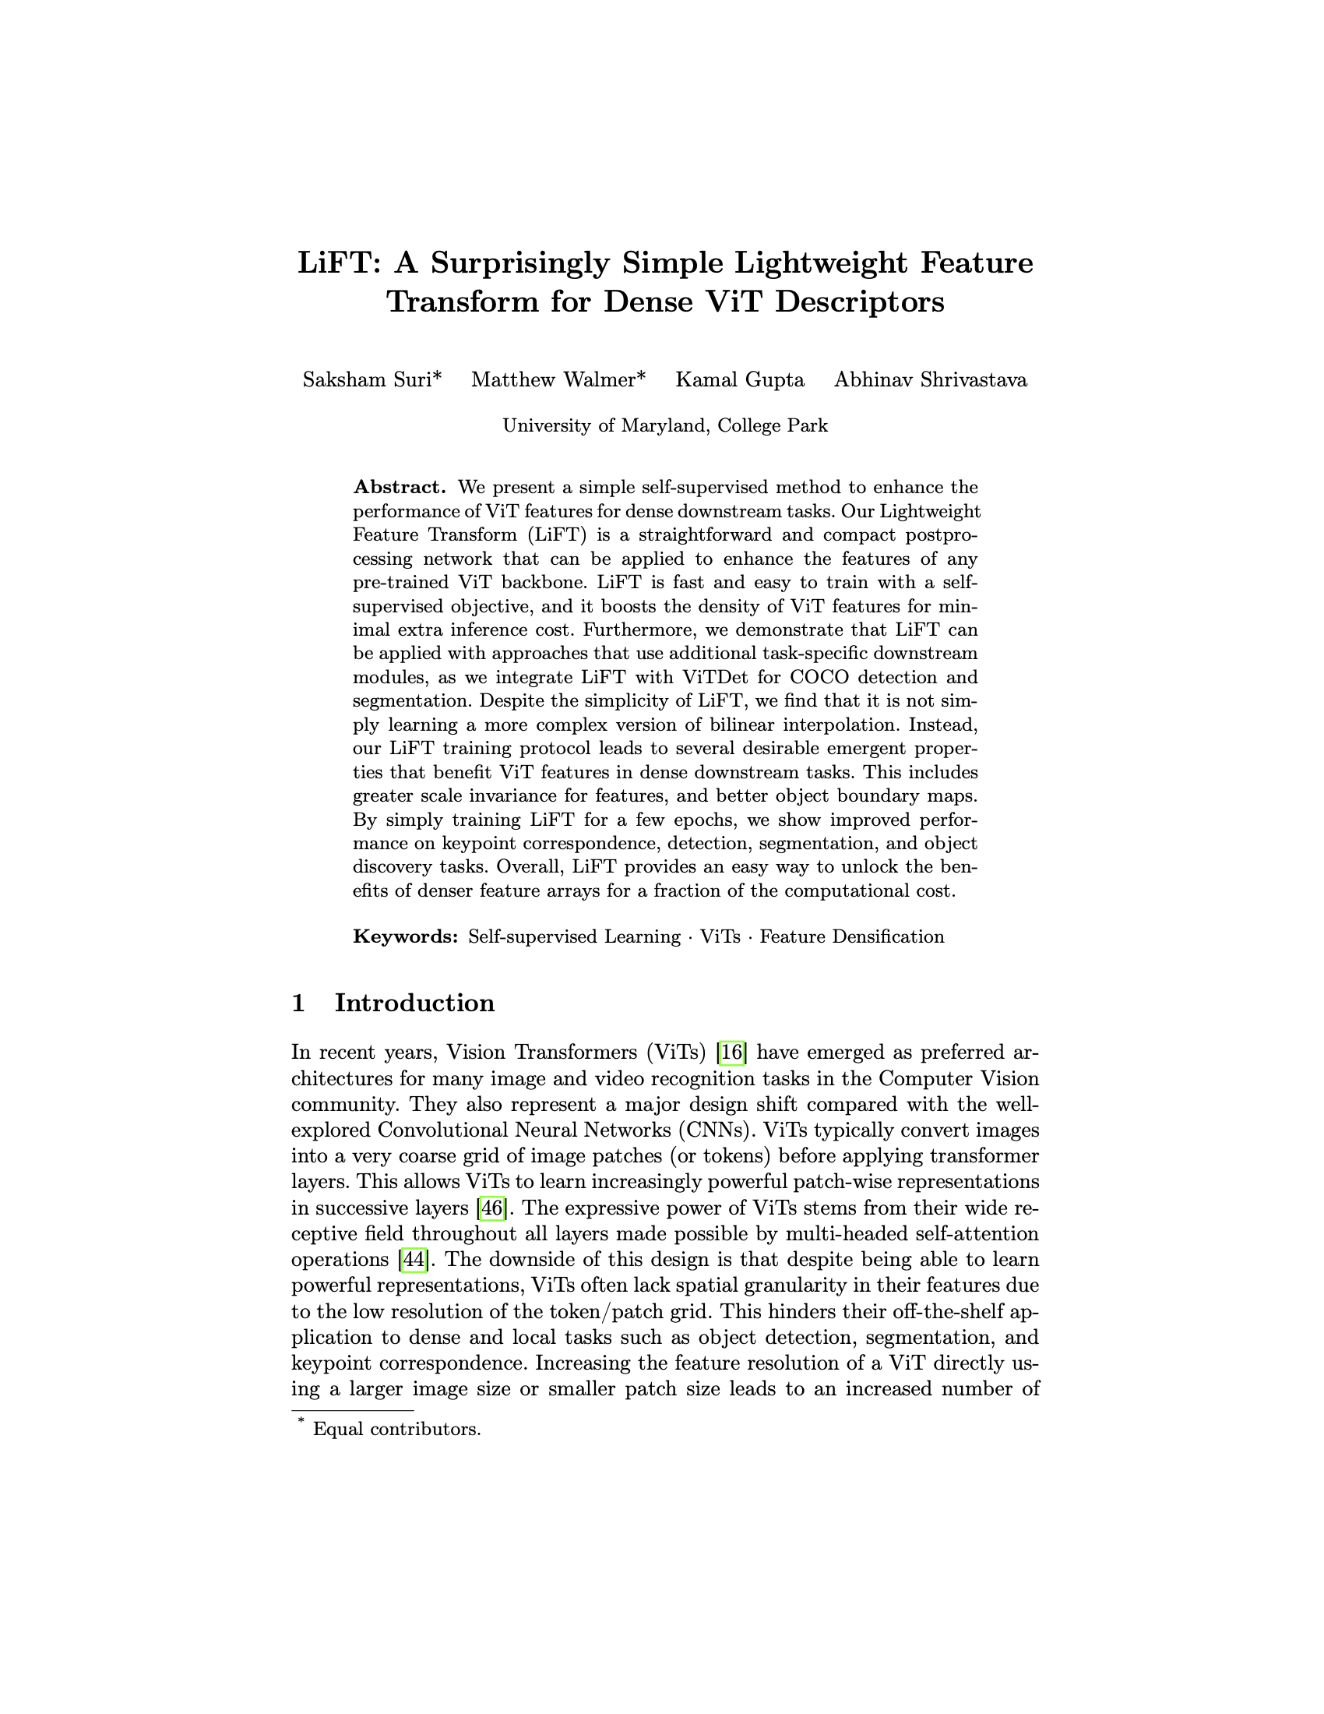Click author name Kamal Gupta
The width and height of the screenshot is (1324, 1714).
point(740,380)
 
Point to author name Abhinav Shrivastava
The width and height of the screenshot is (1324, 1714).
point(930,380)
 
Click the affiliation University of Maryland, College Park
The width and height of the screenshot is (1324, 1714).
point(665,425)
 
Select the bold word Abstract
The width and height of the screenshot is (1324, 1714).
point(400,487)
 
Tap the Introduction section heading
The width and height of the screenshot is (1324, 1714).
point(414,1003)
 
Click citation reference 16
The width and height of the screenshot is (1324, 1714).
point(733,1052)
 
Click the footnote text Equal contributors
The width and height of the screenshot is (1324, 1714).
point(396,1428)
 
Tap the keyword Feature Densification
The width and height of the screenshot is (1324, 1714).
point(852,936)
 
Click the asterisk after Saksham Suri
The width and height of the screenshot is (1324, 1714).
point(437,377)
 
